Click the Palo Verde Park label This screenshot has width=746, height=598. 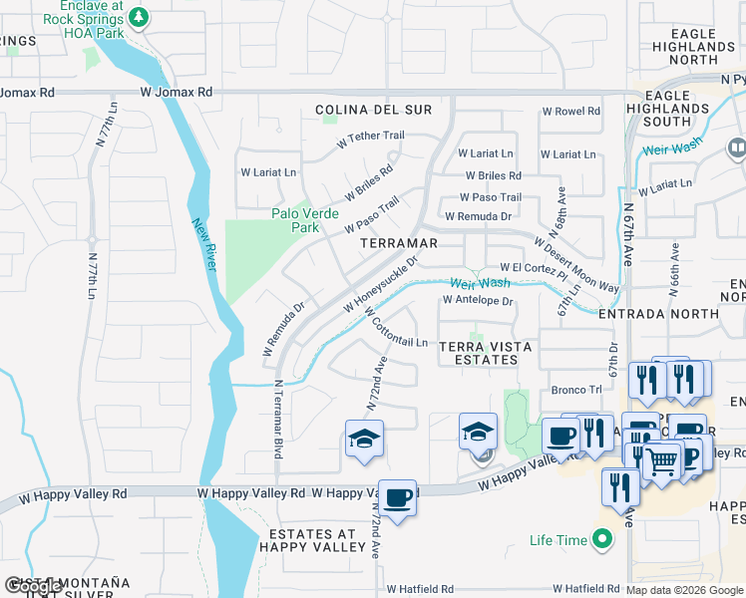(x=305, y=220)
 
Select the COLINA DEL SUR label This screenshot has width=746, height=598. (x=374, y=110)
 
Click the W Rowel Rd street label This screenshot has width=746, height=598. (x=571, y=112)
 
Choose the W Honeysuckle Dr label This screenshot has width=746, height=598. (x=381, y=283)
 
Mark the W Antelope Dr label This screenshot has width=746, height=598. (x=477, y=300)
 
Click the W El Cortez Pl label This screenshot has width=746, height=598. (x=533, y=268)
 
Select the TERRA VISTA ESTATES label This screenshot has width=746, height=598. (x=486, y=353)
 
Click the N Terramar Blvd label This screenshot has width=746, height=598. (x=279, y=420)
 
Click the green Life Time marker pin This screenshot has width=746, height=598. (x=601, y=541)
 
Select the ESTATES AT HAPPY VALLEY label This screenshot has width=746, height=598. (x=312, y=539)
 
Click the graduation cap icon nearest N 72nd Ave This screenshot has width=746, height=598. (x=364, y=440)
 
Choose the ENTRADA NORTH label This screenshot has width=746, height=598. (x=658, y=313)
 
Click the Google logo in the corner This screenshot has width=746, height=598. (x=33, y=586)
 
